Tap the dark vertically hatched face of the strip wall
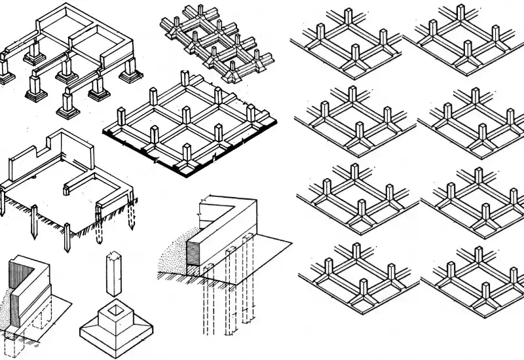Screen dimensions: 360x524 (14, 295)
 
